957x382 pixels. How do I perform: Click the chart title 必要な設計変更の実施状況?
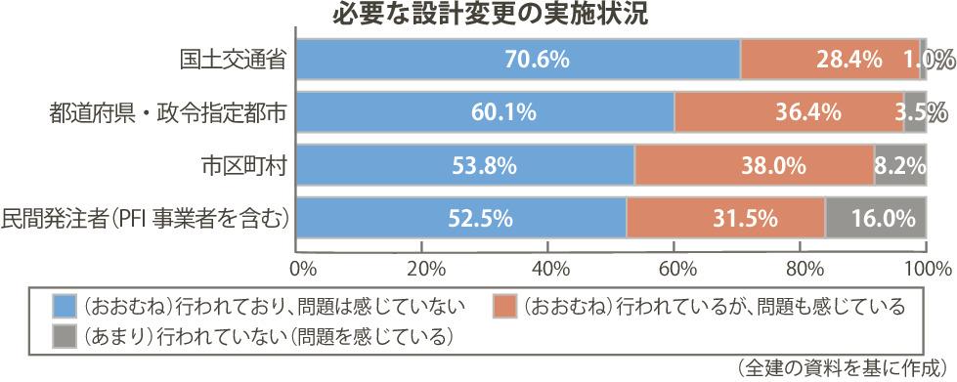click(x=490, y=15)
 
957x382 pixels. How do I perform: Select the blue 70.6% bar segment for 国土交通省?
click(x=518, y=60)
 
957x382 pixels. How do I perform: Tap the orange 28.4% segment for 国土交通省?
click(x=830, y=60)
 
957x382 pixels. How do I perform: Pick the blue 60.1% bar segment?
click(x=485, y=112)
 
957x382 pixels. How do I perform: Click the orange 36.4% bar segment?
click(x=789, y=112)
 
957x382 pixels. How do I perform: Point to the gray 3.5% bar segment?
click(x=915, y=112)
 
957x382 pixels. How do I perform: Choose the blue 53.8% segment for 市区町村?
click(x=465, y=165)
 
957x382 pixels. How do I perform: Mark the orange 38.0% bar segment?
click(x=755, y=165)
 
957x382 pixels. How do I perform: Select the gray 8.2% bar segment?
click(x=900, y=165)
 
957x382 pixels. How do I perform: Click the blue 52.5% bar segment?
click(x=461, y=217)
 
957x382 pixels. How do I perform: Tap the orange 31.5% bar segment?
click(x=725, y=217)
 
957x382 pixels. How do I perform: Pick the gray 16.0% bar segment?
click(x=876, y=217)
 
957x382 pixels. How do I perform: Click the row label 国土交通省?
click(x=233, y=60)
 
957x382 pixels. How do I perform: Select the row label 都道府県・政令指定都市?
click(x=168, y=112)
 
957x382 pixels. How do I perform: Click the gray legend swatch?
click(x=65, y=336)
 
